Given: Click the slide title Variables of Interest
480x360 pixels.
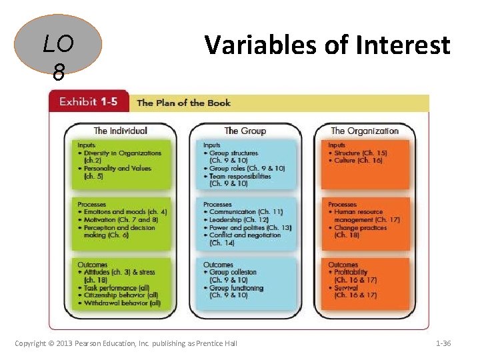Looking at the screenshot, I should coord(327,45).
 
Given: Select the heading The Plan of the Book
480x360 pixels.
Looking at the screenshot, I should coord(183,103).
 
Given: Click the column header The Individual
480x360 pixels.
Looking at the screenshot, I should coord(120,131).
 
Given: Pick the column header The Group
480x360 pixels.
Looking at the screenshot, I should coord(245,131).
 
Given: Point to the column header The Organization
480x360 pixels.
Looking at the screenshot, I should coord(364,131).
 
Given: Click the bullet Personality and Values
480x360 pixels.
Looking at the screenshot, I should coord(117,169).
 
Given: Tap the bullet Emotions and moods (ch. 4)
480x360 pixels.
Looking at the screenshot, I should coord(122,212).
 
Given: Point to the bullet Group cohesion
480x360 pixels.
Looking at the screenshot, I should coord(233,273).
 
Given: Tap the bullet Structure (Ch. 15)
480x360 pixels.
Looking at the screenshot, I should coord(358,153).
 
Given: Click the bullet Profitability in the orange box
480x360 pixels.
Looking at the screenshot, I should coord(349,273).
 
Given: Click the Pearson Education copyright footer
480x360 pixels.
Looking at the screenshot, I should coord(126,343).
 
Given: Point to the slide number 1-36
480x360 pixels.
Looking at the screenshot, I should coord(443,343).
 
